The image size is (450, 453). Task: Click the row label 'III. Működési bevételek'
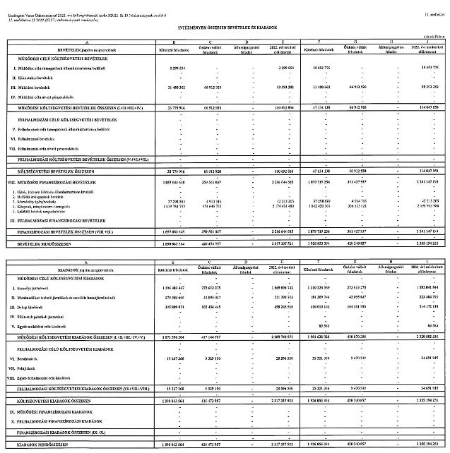[35, 87]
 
